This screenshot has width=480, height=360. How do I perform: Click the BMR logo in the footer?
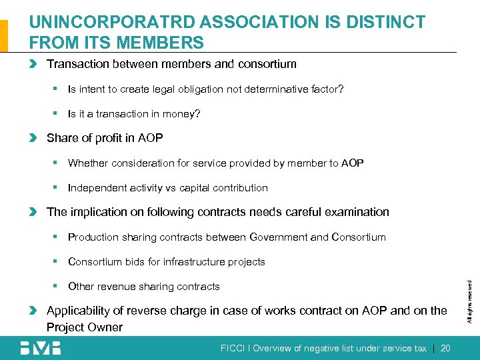[40, 347]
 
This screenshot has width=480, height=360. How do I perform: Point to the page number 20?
[445, 347]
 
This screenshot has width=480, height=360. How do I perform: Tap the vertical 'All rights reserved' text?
[469, 301]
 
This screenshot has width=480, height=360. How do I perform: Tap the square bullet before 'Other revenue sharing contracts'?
[58, 286]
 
